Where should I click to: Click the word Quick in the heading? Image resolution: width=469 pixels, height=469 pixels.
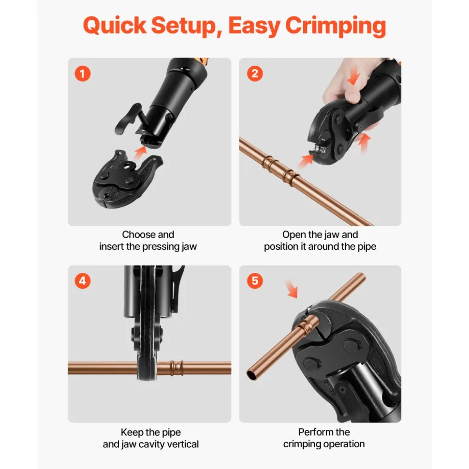[115, 25]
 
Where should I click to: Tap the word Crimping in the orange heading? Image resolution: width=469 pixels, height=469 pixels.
[336, 26]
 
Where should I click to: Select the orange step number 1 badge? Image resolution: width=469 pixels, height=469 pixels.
[82, 73]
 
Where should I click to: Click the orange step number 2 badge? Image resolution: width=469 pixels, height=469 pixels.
[255, 73]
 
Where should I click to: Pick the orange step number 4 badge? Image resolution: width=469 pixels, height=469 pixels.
[82, 281]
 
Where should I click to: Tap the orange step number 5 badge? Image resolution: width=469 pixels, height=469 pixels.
[255, 281]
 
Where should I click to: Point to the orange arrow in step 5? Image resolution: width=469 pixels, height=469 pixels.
[292, 289]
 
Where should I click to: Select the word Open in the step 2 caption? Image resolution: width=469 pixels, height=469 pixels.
[293, 235]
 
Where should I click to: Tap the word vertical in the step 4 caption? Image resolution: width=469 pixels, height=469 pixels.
[183, 444]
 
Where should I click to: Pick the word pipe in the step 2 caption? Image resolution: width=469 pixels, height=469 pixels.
[367, 247]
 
